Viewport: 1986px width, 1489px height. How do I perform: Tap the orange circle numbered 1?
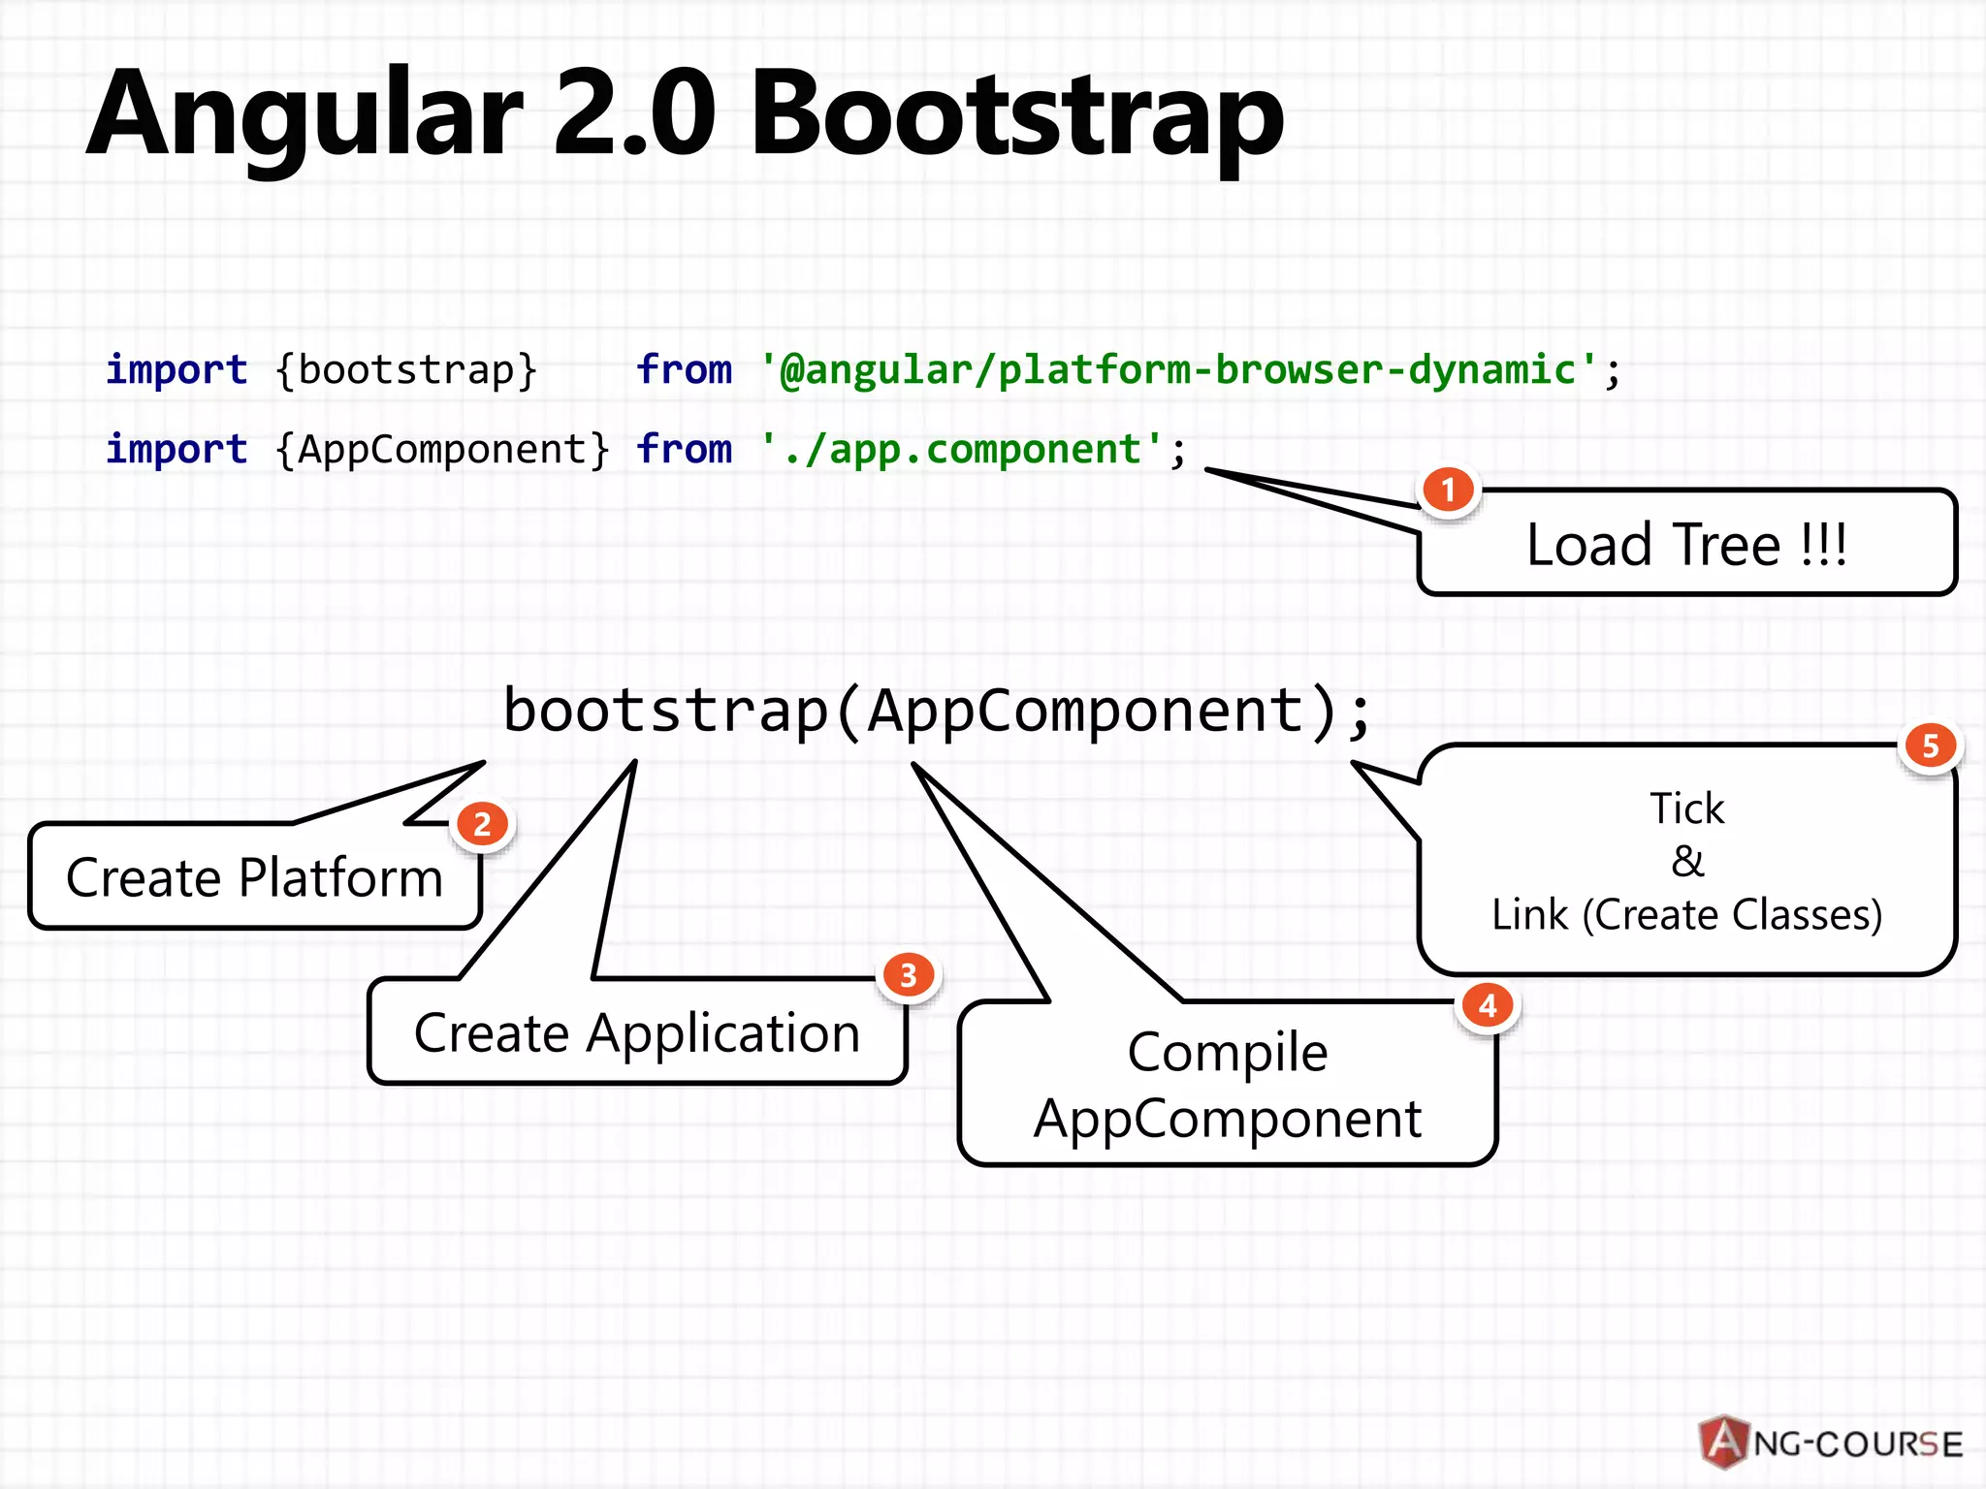point(1448,491)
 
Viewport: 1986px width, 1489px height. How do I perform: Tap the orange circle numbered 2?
point(482,825)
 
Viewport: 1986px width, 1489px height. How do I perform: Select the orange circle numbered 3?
point(908,975)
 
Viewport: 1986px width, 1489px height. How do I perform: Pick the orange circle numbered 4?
point(1488,1006)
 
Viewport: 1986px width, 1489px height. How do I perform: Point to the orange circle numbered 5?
point(1930,745)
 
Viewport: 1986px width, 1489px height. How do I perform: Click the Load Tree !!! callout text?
point(1686,545)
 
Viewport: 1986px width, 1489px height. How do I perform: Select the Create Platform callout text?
point(254,878)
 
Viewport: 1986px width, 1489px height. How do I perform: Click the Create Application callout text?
point(637,1033)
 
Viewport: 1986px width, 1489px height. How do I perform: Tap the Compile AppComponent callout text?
point(1227,1086)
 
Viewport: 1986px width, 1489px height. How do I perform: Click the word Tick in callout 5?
point(1687,808)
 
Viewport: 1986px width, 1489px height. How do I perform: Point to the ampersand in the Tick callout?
point(1687,861)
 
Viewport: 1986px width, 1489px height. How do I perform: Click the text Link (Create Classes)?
point(1687,915)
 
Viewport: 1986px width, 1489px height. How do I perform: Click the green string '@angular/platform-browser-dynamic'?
point(1178,370)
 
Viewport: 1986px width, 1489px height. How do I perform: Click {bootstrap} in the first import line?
point(406,370)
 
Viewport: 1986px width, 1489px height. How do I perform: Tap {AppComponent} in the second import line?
point(442,450)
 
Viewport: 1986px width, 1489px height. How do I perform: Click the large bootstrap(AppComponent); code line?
point(937,712)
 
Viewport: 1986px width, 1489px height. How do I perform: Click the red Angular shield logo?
point(1724,1442)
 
